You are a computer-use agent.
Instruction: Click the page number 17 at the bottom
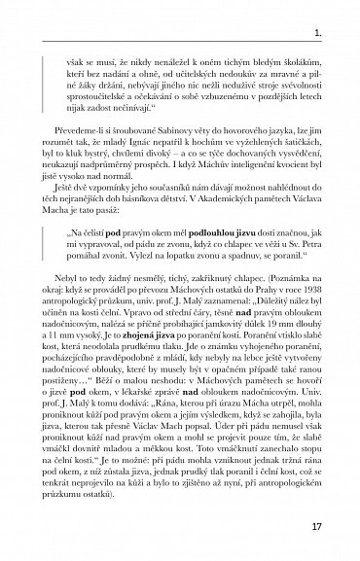pyautogui.click(x=329, y=526)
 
